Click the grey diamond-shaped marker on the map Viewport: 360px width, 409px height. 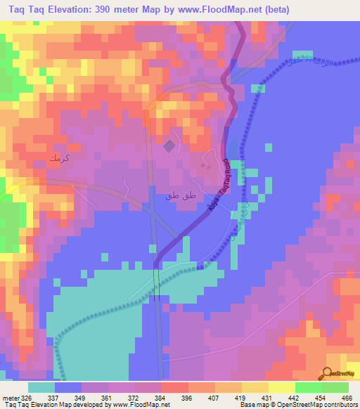[169, 146]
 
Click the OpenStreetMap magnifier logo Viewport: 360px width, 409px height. [328, 373]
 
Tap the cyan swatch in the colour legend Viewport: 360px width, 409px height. [41, 388]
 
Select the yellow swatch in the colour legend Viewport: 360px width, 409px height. [281, 388]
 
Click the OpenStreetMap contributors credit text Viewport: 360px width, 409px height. [320, 404]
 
